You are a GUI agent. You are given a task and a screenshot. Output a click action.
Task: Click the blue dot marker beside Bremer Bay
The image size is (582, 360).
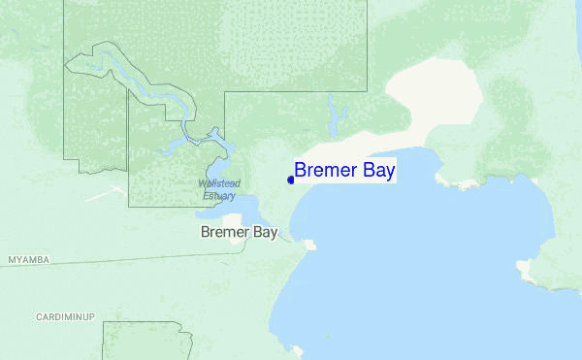(291, 180)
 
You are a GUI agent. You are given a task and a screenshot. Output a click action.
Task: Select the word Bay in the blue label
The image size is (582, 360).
(377, 171)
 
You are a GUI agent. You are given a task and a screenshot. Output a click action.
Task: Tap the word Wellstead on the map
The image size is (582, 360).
(218, 183)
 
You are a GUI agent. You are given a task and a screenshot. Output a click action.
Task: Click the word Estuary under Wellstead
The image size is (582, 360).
(218, 196)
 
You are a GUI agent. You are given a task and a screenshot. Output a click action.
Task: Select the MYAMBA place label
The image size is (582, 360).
(28, 260)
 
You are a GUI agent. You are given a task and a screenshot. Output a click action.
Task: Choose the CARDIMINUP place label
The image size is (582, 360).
(64, 317)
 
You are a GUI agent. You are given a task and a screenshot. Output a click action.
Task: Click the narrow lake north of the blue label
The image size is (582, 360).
(338, 118)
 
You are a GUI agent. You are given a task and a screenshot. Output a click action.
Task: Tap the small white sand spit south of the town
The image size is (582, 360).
(309, 245)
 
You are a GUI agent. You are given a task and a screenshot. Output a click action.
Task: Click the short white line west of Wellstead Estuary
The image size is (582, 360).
(102, 193)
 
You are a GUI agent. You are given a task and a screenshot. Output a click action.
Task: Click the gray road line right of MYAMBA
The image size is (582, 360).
(145, 255)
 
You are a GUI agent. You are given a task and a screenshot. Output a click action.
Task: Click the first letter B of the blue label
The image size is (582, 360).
(301, 171)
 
